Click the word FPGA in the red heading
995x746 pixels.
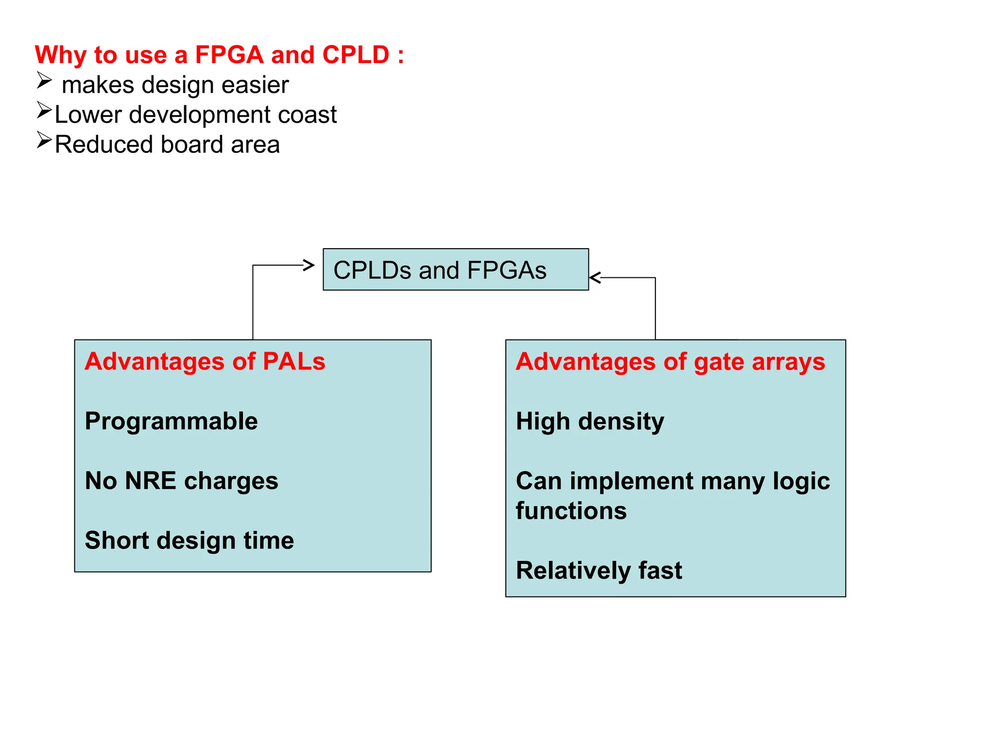229,55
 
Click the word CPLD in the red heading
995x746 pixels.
356,55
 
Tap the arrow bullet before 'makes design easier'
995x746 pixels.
44,81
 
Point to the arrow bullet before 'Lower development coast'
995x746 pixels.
44,111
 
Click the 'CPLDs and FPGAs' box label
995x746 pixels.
440,271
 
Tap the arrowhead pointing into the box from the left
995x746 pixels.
309,265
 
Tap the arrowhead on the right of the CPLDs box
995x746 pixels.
595,278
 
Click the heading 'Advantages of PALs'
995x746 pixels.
205,362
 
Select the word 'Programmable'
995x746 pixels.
171,421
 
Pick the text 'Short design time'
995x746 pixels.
189,541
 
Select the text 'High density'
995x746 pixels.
589,422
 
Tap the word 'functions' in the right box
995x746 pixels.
571,511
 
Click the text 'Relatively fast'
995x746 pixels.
599,571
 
